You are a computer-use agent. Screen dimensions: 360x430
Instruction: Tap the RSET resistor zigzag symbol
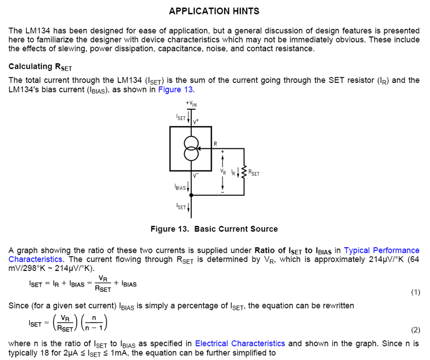coord(244,172)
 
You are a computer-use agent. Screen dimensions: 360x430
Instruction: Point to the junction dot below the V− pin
coord(191,195)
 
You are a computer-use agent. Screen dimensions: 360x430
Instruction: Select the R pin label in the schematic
coord(215,143)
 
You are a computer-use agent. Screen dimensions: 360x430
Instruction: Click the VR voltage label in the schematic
coord(223,172)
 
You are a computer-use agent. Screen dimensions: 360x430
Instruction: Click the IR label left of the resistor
coord(233,172)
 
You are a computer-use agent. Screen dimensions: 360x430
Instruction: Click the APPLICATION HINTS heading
coord(214,11)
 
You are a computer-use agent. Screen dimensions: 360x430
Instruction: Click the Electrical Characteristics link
coord(240,343)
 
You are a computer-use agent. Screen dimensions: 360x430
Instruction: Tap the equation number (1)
coord(415,292)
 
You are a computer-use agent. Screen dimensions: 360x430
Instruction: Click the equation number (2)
coord(415,330)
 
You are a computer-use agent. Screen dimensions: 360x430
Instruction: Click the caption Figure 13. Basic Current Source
coord(214,229)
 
